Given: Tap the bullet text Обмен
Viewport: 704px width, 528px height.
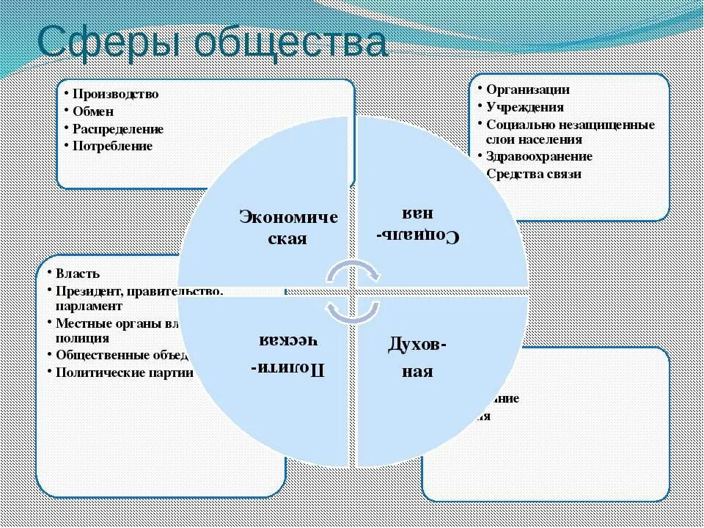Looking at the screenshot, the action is [93, 111].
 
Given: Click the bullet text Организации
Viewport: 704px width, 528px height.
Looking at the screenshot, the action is [527, 89].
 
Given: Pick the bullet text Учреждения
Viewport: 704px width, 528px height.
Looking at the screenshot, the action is [524, 107].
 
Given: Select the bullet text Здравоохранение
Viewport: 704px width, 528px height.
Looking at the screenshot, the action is [539, 156].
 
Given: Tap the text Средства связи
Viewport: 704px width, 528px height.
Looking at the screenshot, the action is [533, 174].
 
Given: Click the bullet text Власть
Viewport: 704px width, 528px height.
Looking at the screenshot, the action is [78, 274].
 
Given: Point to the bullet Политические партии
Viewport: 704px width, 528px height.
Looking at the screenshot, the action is [124, 372].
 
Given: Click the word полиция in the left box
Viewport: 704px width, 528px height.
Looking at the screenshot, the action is [82, 339].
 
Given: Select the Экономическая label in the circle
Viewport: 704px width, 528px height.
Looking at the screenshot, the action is [288, 228].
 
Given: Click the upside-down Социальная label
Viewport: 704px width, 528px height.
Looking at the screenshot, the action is [417, 224].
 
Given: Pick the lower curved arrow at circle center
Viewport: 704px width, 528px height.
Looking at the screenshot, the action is [352, 311].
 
